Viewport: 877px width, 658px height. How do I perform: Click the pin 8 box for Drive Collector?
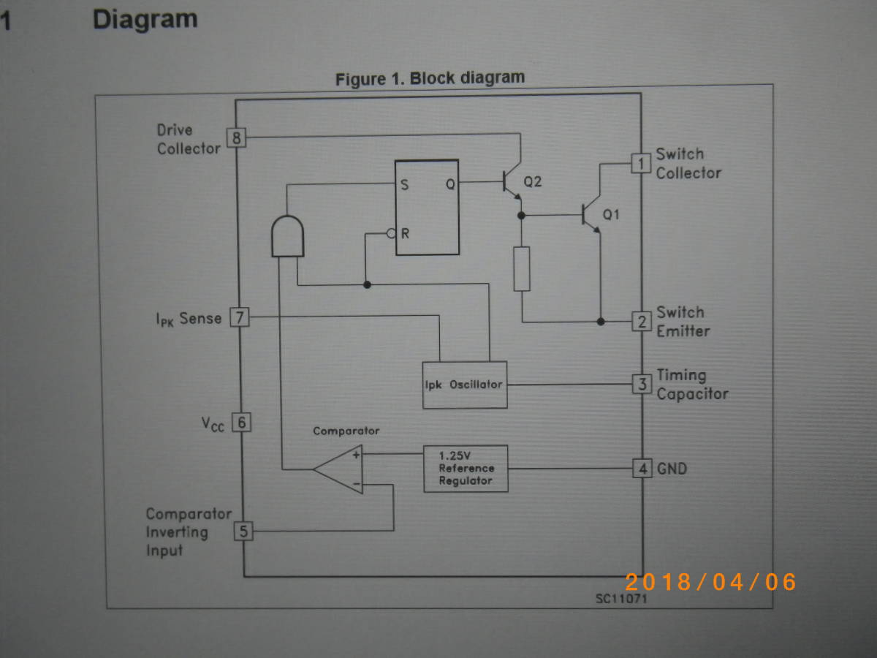tap(236, 137)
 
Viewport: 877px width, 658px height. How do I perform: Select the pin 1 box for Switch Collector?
tap(641, 163)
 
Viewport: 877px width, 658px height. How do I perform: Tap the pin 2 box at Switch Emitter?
tap(641, 322)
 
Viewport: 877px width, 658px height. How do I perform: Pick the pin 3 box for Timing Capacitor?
tap(641, 384)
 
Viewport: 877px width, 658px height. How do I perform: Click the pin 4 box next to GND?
tap(641, 469)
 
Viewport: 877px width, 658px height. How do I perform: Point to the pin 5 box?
tap(243, 532)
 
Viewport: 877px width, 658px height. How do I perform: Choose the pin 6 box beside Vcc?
tap(241, 423)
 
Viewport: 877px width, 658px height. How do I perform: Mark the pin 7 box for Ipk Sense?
tap(240, 318)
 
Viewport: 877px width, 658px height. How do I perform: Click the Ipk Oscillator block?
tap(465, 385)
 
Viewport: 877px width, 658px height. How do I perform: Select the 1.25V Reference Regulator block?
tap(466, 468)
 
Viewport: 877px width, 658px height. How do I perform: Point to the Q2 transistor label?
tap(533, 181)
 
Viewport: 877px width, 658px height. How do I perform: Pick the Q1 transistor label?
tap(610, 215)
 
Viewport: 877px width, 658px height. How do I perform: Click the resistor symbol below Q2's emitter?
tap(522, 269)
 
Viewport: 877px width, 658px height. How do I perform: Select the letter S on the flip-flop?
tap(404, 185)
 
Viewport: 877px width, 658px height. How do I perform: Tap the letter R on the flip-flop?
tap(405, 234)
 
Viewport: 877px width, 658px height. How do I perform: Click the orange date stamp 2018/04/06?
tap(710, 582)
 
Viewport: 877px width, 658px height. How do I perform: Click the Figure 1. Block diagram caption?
tap(430, 78)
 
